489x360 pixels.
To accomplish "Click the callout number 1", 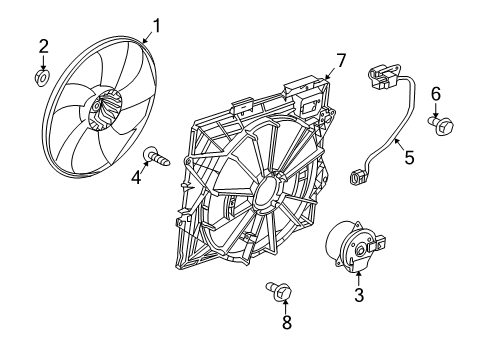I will (x=155, y=24).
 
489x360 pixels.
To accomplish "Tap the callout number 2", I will (x=43, y=45).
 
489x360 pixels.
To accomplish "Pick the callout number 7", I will (x=340, y=61).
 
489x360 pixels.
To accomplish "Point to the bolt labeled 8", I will (x=281, y=292).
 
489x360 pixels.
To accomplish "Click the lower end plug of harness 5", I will (x=357, y=178).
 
